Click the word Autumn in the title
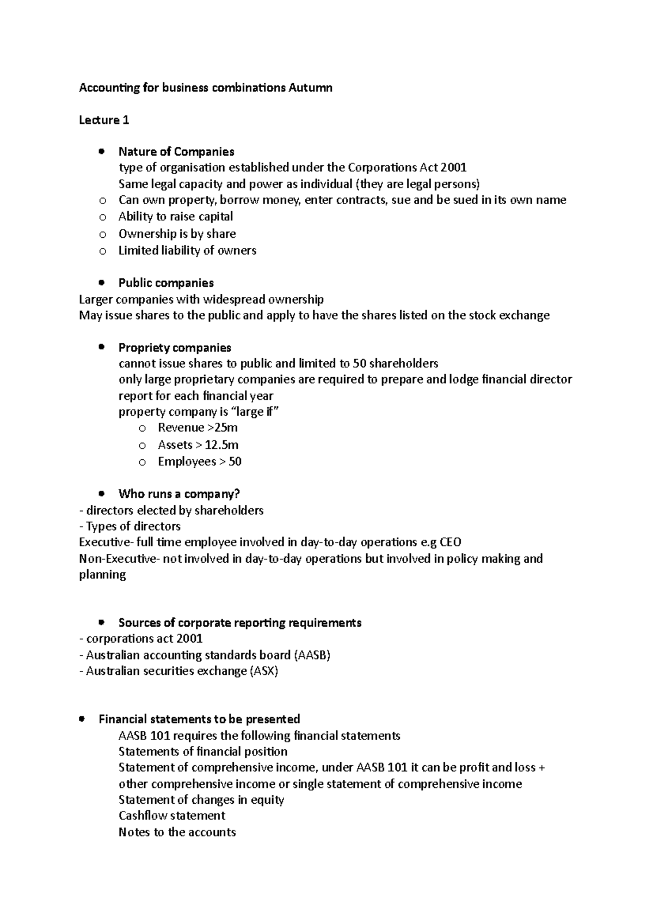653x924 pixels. [310, 88]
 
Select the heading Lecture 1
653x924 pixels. [104, 120]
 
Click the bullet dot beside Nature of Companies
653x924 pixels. [101, 151]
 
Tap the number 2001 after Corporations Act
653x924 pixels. [454, 168]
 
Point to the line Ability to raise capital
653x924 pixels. [175, 217]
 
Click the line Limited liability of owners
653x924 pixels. [187, 250]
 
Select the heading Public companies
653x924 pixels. [166, 283]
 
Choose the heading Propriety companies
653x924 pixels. [175, 347]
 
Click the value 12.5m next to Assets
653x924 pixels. [221, 445]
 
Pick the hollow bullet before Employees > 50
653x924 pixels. [142, 462]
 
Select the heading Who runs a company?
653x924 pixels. [179, 494]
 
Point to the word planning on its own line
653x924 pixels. [102, 575]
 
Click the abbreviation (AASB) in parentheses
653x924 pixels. [312, 655]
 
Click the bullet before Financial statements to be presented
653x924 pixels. [82, 719]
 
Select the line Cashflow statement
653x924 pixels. [171, 816]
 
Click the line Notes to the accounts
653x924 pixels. [177, 832]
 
